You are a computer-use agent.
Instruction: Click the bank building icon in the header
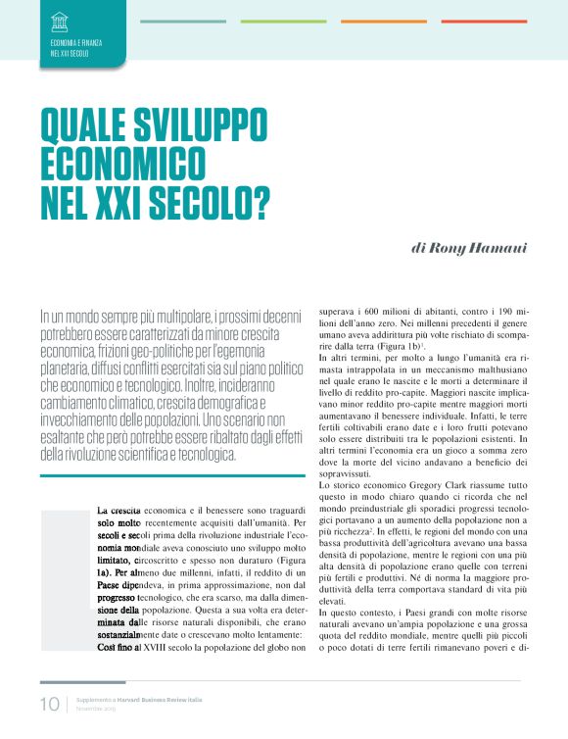click(60, 21)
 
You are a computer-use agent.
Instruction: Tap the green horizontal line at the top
click(283, 21)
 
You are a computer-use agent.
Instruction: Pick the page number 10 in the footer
click(49, 705)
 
